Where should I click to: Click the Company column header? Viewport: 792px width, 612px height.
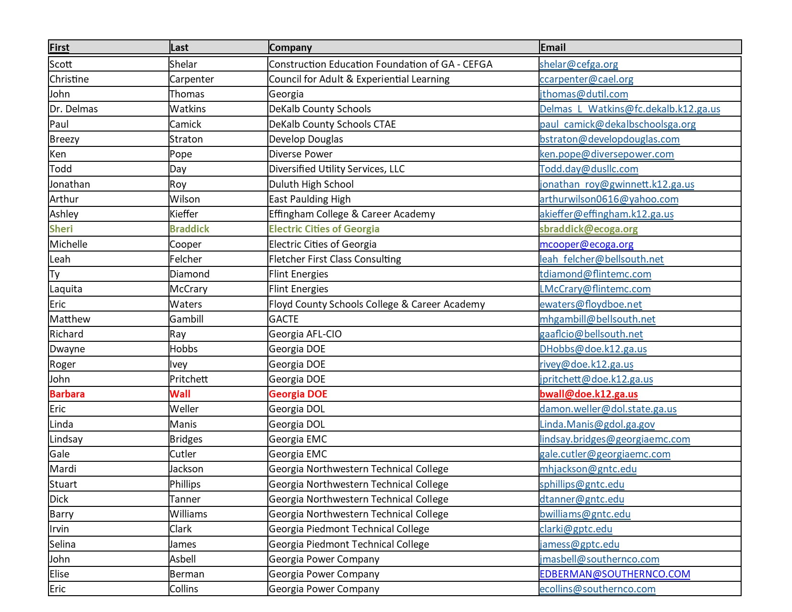[290, 48]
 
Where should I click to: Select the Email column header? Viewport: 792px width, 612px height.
[553, 48]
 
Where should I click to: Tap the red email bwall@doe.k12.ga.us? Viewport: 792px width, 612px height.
[588, 394]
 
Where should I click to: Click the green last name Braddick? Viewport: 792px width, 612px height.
[190, 229]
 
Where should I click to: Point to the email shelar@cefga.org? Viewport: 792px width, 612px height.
[578, 64]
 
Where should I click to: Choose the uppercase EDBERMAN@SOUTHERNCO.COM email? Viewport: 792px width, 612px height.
[614, 574]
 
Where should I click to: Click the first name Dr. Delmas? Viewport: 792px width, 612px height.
[74, 109]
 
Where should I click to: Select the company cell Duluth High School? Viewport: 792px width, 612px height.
[311, 184]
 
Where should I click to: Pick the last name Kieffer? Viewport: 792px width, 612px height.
[184, 214]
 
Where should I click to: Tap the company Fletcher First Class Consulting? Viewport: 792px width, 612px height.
[335, 259]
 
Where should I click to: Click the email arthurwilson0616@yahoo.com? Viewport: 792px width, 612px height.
[609, 199]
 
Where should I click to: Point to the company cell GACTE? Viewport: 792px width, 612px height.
[284, 319]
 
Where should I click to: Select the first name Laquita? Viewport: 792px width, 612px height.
[66, 289]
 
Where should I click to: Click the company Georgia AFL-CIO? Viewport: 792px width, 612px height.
[305, 334]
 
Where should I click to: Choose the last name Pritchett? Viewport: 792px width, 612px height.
[189, 379]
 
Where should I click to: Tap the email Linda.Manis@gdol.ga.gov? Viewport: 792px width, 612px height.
[597, 424]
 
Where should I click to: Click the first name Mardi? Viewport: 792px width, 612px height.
[63, 469]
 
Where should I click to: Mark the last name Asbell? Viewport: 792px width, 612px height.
[183, 559]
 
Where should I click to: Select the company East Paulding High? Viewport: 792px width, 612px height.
[310, 199]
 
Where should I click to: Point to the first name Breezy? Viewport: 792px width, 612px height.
[64, 139]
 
